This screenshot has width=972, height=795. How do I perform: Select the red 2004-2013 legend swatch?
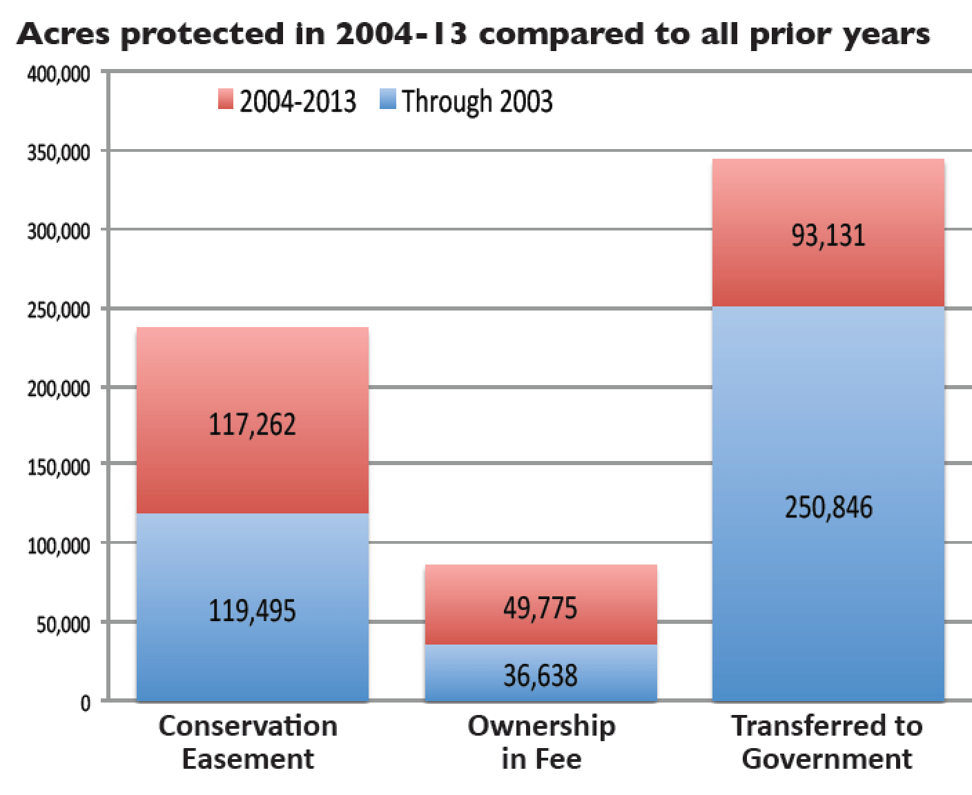(226, 100)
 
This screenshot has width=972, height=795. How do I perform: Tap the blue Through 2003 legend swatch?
(388, 100)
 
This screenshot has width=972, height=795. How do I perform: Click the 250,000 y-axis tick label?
(59, 311)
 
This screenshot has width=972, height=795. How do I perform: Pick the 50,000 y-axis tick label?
(62, 625)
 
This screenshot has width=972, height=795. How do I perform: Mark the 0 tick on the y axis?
(86, 703)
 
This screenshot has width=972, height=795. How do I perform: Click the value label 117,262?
(252, 424)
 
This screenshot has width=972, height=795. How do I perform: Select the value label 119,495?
(252, 611)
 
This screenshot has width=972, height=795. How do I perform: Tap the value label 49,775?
(540, 609)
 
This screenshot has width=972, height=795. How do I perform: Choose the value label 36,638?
(540, 675)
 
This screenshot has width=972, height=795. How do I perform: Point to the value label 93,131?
(828, 235)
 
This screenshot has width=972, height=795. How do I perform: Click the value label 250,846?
(828, 507)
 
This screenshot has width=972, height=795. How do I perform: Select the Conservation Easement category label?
(248, 742)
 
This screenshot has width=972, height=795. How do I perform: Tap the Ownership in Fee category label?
(541, 742)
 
